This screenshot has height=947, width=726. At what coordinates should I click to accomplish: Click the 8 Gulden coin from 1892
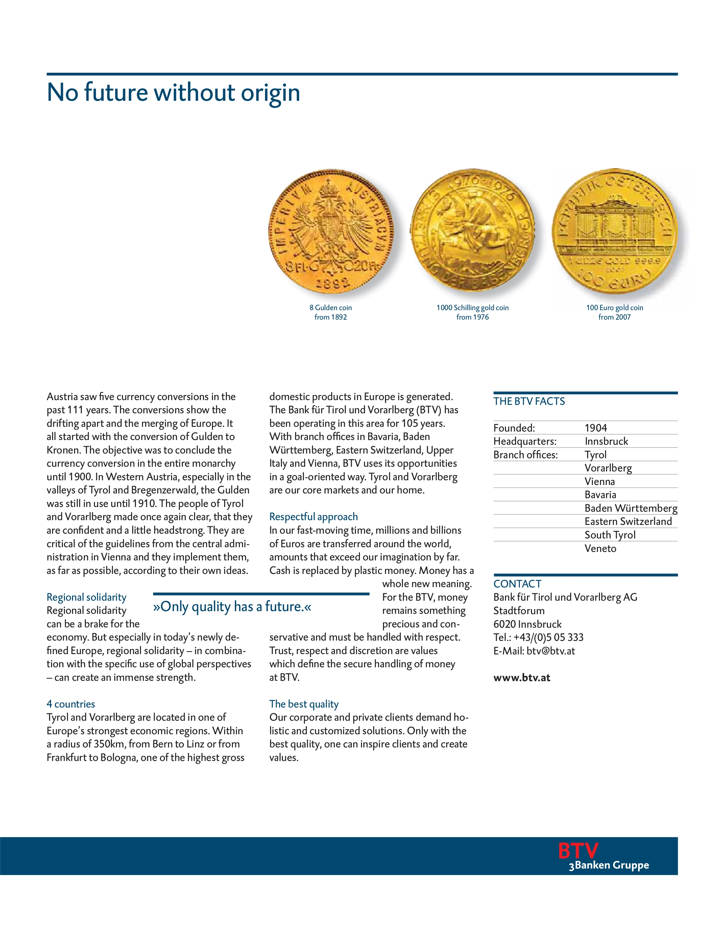[x=331, y=231]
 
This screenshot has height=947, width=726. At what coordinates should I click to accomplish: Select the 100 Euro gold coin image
[x=614, y=231]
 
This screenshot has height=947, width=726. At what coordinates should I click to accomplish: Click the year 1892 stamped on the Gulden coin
[x=332, y=283]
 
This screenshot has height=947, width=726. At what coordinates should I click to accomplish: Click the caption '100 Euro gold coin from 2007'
[x=614, y=312]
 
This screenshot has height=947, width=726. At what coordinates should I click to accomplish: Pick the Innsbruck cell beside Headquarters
[x=606, y=441]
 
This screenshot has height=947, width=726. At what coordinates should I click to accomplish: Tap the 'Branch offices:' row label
[x=526, y=455]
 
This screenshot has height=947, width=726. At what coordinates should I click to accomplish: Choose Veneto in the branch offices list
[x=600, y=548]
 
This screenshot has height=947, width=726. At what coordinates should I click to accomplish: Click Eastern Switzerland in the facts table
[x=628, y=522]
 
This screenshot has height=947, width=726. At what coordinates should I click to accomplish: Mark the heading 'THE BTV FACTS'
[x=529, y=401]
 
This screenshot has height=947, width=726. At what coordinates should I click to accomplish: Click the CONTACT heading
[x=517, y=584]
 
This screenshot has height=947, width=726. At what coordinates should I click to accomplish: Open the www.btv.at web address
[x=522, y=677]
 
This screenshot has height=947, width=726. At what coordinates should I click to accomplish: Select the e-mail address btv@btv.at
[x=551, y=651]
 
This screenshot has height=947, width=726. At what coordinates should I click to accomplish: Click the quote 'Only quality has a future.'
[x=232, y=607]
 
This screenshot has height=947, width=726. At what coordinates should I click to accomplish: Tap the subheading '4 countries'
[x=71, y=704]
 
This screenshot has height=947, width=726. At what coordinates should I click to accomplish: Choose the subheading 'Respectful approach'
[x=313, y=517]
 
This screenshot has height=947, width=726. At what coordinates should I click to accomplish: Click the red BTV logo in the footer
[x=578, y=851]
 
